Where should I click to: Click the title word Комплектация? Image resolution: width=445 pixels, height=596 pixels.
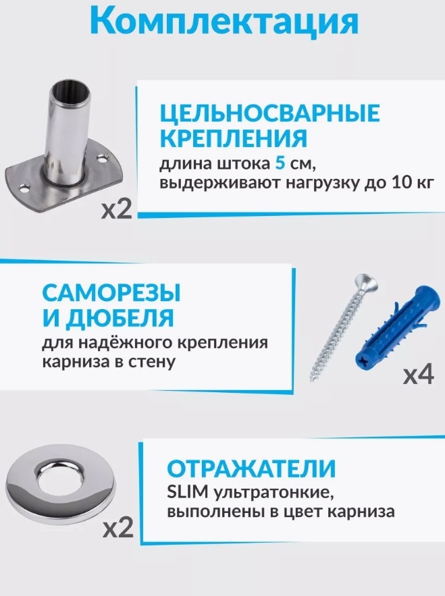point(224,22)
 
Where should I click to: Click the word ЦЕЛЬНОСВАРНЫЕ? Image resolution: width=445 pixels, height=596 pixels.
point(269,113)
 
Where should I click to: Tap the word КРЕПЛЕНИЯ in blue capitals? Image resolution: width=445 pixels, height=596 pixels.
point(233,138)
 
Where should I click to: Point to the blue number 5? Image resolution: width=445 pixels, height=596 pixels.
point(280,164)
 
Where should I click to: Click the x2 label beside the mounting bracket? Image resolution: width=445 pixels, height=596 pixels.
point(117,210)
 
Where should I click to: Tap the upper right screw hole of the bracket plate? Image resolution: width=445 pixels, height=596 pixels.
point(101,159)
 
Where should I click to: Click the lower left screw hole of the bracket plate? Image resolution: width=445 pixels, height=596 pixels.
point(25,188)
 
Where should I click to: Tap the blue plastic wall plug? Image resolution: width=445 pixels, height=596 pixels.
point(396,329)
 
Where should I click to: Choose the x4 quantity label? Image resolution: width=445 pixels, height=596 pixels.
point(418,375)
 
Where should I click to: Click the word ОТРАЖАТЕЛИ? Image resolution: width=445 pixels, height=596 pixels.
point(251,468)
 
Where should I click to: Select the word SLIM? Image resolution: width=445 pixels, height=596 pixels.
point(188,493)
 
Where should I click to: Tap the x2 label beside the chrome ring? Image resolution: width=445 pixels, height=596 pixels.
point(118,528)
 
